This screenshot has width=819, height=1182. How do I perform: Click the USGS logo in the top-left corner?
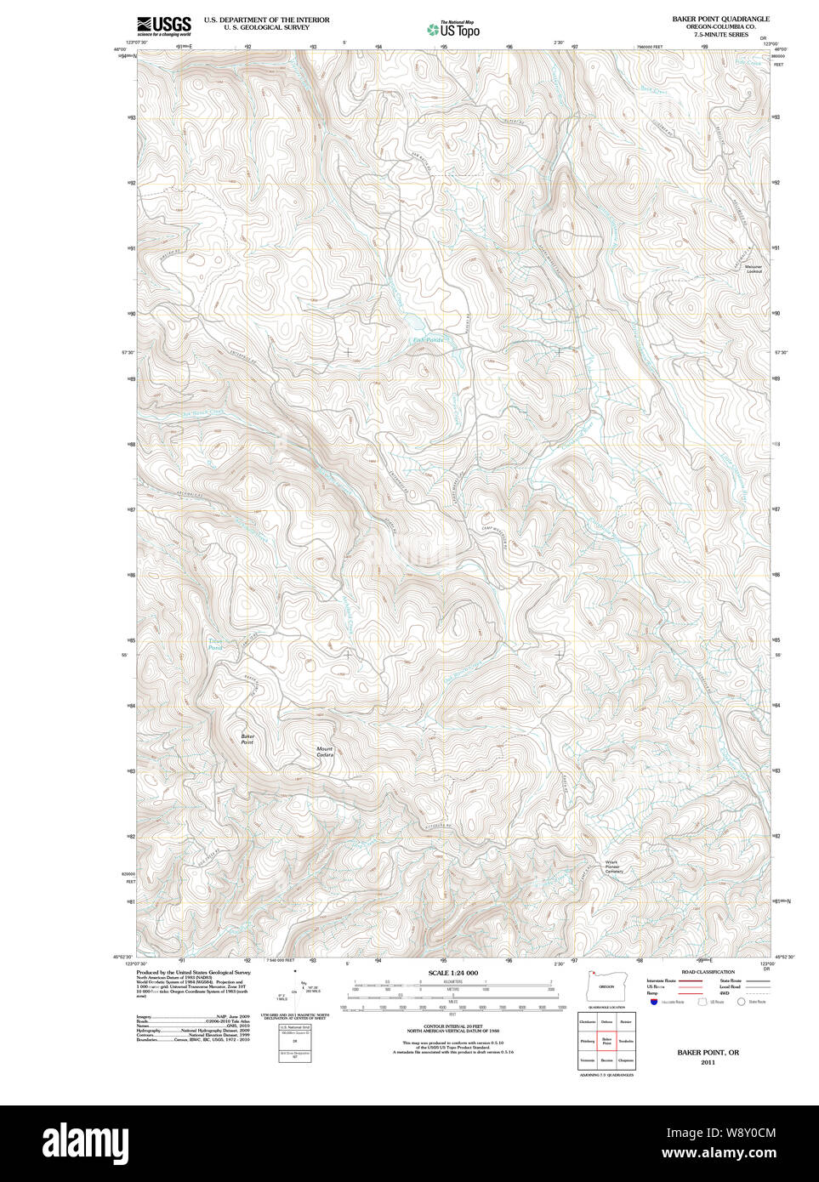point(165,25)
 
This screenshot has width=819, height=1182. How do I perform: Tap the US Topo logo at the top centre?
point(453,29)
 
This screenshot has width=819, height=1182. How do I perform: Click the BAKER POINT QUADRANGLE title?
point(720,19)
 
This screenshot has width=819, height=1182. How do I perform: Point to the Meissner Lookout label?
point(754,269)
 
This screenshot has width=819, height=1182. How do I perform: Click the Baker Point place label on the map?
point(247,739)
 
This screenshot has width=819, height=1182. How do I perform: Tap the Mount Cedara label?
point(325,752)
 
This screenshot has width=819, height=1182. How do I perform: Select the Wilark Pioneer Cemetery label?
point(614,867)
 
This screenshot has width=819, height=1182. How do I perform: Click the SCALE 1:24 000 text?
point(452,973)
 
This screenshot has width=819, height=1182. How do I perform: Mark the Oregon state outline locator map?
point(606,987)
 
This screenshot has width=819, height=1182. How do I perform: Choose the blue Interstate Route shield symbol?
point(653,1003)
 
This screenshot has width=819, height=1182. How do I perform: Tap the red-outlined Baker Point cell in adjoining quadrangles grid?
point(606,1040)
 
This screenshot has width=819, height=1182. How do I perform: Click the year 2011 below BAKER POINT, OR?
point(708,1063)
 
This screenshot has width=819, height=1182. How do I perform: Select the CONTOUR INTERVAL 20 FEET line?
point(452,1026)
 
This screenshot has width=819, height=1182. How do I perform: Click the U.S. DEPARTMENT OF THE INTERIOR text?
point(266,20)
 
